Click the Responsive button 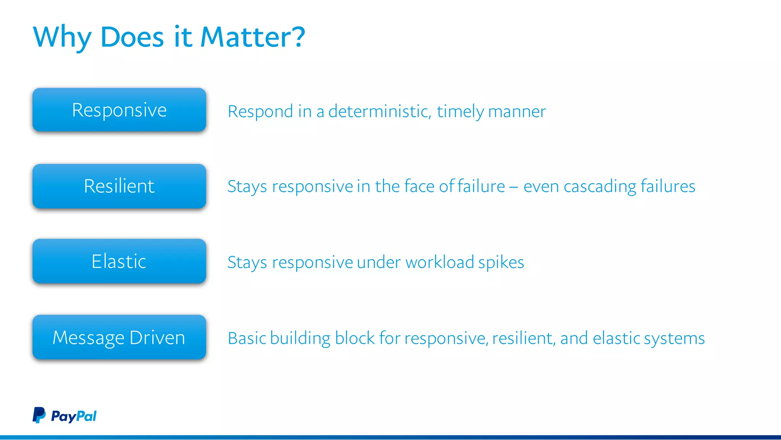click(119, 110)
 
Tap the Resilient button click(119, 186)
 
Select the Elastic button click(119, 261)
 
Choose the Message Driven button click(119, 337)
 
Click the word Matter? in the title click(252, 37)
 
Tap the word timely click(460, 112)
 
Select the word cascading click(600, 187)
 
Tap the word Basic click(247, 338)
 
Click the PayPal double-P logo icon click(39, 415)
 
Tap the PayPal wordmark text click(74, 416)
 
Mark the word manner click(517, 112)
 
